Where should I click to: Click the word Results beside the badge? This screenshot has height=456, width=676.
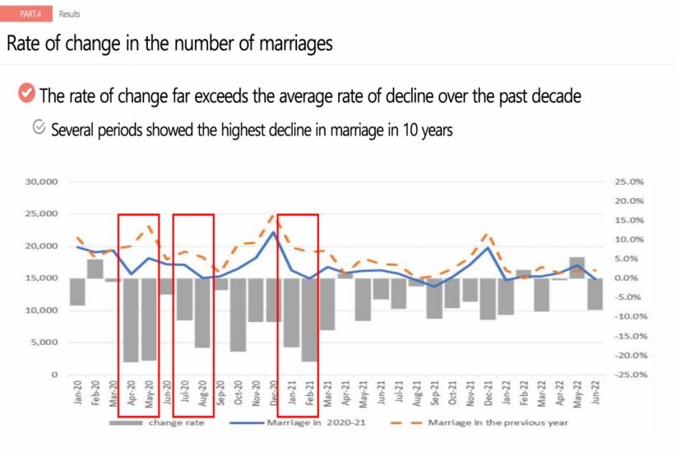pos(70,14)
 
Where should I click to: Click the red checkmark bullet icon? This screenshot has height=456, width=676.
pos(26,94)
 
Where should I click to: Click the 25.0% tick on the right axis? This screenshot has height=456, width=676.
pos(629,182)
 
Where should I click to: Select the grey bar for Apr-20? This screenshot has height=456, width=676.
pos(131,320)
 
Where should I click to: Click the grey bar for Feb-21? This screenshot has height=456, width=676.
pos(310,320)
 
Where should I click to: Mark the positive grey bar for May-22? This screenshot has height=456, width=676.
pos(577,268)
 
